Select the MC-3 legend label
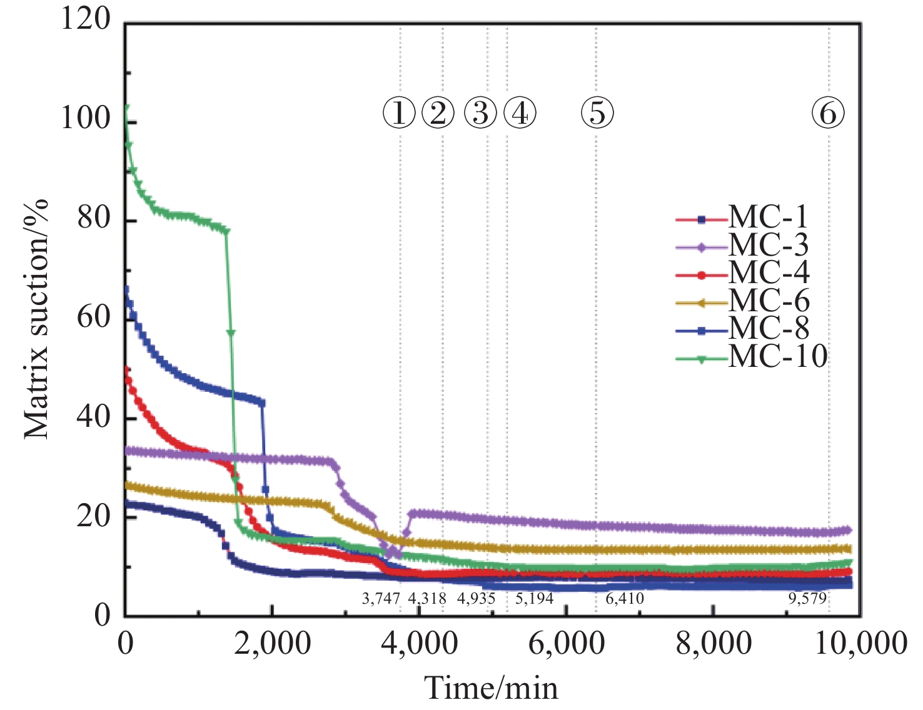click(x=768, y=246)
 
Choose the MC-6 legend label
click(x=769, y=302)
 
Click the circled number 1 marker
click(x=399, y=113)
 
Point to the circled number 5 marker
click(x=597, y=113)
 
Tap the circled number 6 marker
click(x=828, y=113)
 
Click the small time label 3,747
click(x=381, y=599)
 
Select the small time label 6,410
click(x=625, y=599)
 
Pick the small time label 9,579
click(x=807, y=599)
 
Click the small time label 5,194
click(x=534, y=599)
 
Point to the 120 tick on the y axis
click(x=85, y=19)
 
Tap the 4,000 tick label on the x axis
click(x=420, y=643)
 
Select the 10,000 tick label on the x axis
click(x=860, y=643)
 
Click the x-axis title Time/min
click(x=492, y=688)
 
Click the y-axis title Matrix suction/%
click(x=37, y=319)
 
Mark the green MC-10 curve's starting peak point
click(x=126, y=107)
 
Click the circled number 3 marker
click(x=480, y=113)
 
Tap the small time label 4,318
click(x=427, y=599)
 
